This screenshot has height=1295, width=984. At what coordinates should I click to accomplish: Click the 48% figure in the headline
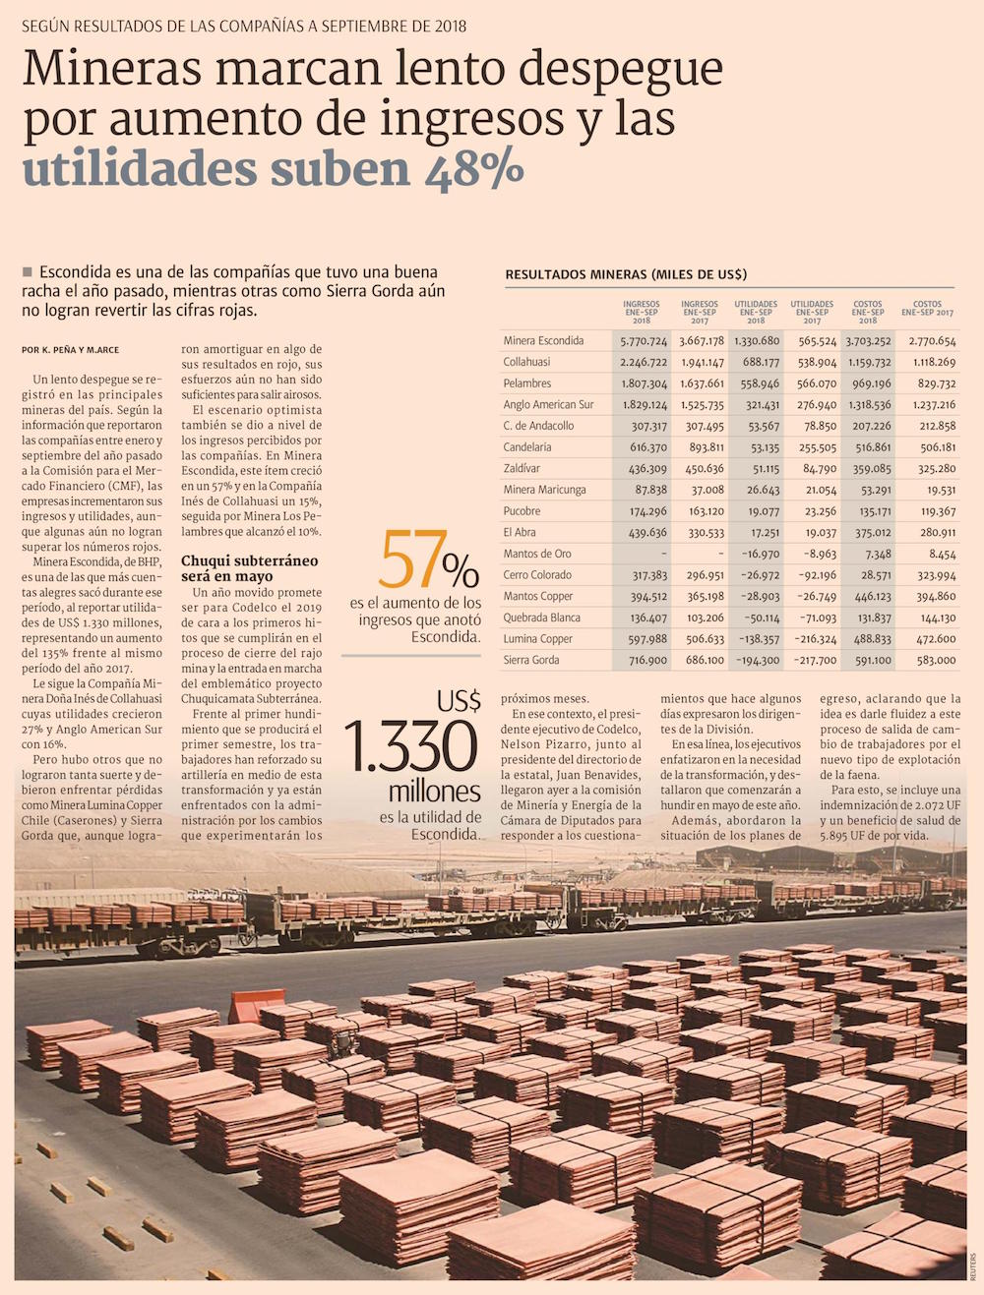[474, 169]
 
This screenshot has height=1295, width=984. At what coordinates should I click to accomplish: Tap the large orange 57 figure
[411, 560]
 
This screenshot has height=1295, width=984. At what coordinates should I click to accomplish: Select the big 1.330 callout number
[411, 747]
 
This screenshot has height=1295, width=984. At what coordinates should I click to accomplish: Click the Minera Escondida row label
[543, 341]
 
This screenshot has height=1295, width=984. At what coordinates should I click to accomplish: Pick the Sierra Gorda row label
[531, 660]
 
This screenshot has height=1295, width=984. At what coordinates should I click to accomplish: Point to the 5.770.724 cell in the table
[644, 341]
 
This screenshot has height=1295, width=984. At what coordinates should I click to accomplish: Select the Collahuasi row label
[526, 362]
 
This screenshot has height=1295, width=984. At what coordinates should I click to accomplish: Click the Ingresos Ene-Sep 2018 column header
[642, 312]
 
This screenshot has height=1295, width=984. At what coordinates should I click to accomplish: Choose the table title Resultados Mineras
[626, 274]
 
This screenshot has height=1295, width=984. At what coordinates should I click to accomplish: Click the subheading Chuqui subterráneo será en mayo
[250, 568]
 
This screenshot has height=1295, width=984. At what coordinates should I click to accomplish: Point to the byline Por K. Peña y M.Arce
[70, 349]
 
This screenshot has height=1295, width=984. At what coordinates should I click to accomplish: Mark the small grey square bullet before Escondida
[28, 271]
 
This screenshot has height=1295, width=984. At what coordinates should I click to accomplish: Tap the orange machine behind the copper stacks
[256, 1006]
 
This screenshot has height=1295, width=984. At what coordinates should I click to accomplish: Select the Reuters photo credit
[974, 1265]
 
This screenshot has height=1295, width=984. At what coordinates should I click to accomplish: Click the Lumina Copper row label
[538, 639]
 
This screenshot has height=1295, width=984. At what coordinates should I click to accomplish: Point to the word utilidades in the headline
[140, 169]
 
